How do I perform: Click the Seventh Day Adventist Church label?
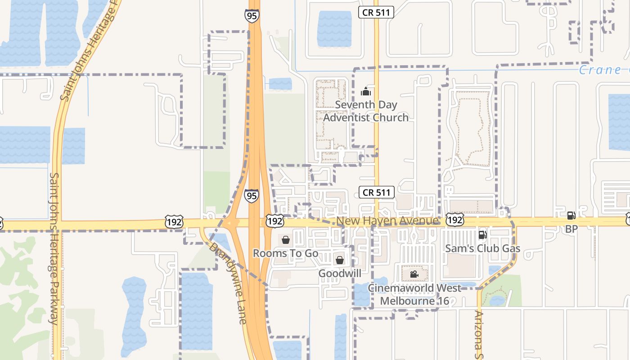click(366, 111)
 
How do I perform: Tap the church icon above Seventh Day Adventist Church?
click(366, 92)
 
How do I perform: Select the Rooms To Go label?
click(285, 253)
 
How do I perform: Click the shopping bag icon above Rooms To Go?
click(285, 239)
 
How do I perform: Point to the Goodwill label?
click(340, 274)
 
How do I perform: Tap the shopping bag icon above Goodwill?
click(340, 260)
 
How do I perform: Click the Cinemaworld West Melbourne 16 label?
click(414, 294)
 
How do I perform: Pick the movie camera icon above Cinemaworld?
click(414, 274)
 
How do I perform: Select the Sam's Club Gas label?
click(482, 248)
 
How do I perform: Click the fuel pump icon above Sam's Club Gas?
click(482, 234)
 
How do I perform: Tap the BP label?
click(571, 229)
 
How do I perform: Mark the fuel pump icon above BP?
click(571, 216)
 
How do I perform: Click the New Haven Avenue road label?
click(387, 221)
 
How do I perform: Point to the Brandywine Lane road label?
click(228, 283)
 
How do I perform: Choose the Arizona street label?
click(479, 335)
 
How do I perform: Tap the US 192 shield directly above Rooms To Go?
click(274, 221)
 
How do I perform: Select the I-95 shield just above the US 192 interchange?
click(252, 196)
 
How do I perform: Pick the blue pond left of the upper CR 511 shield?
click(334, 28)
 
